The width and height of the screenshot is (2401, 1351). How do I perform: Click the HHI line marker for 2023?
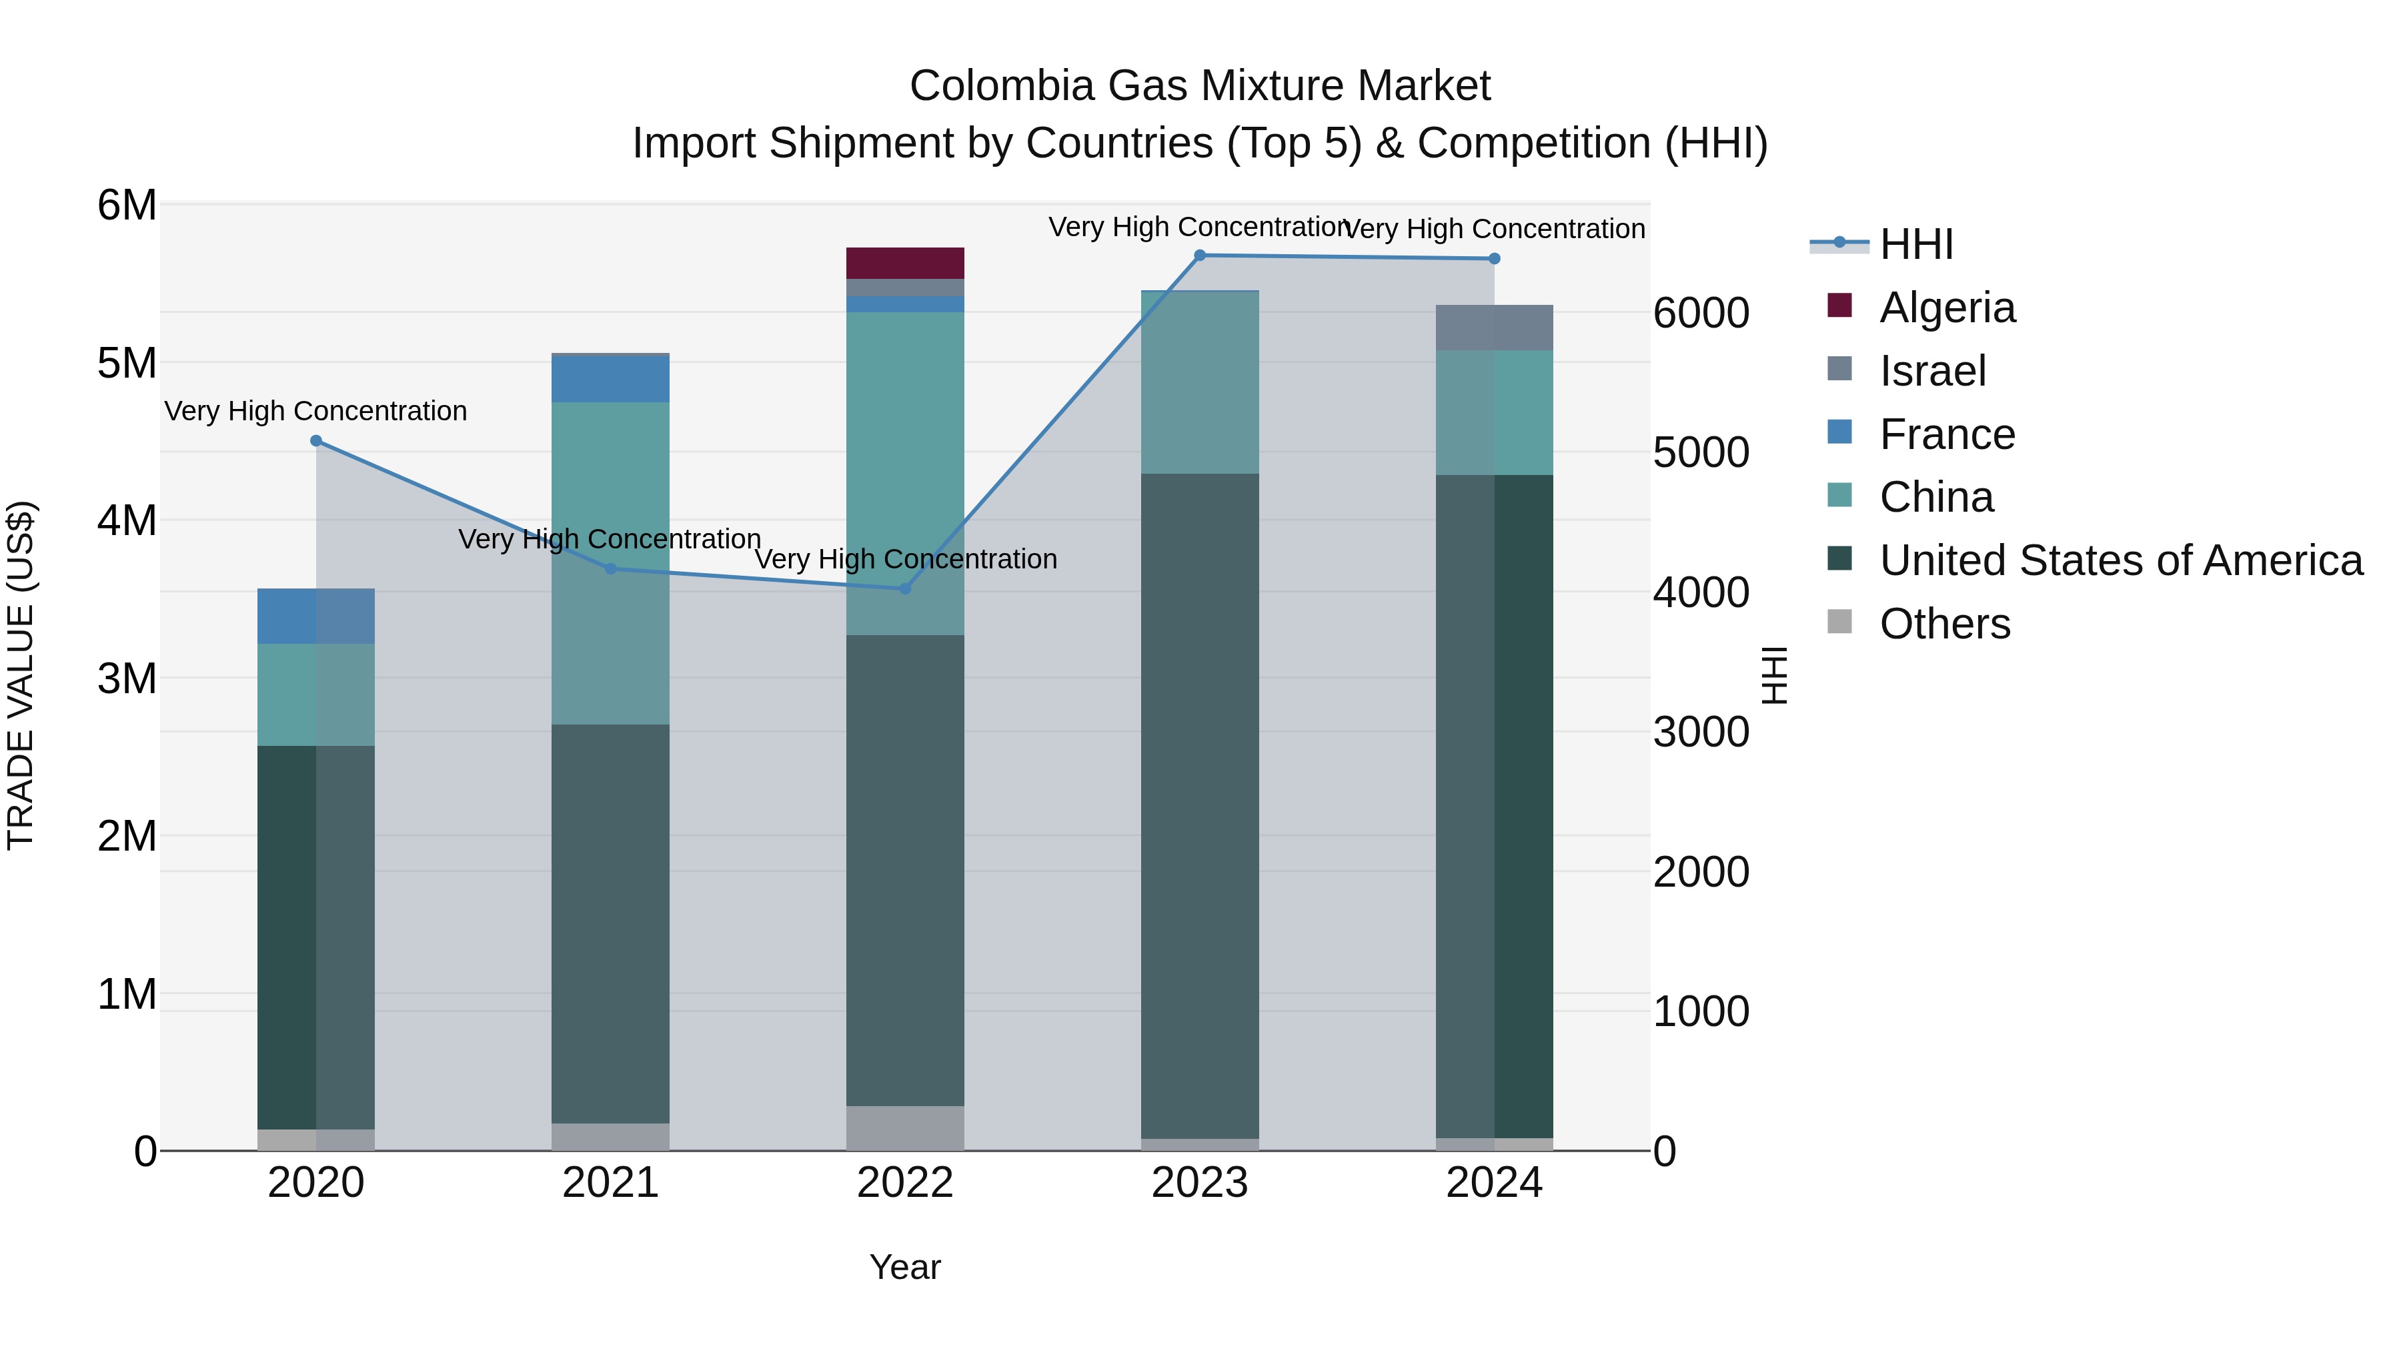pos(1200,256)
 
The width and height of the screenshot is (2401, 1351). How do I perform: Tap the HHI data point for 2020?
pos(316,441)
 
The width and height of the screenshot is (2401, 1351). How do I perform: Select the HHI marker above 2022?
pos(904,589)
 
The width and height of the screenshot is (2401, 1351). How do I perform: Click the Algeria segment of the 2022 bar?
pos(904,263)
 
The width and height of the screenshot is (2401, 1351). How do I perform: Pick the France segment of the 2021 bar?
pos(610,378)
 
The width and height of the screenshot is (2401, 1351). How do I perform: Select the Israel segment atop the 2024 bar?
pos(1494,328)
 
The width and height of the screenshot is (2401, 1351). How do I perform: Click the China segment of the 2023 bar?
pos(1200,382)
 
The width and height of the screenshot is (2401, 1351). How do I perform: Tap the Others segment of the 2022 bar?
pos(904,1128)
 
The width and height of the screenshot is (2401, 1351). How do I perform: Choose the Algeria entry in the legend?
pos(1946,308)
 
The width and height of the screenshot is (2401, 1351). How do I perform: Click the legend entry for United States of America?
pos(2120,560)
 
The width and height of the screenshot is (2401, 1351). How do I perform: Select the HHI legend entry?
pos(1915,244)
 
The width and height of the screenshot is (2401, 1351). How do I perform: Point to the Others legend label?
pos(1944,624)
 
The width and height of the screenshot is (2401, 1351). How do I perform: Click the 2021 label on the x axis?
pos(610,1183)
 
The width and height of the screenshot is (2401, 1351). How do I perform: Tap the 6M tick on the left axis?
pos(127,205)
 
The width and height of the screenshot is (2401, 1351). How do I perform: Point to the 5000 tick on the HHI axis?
pos(1701,452)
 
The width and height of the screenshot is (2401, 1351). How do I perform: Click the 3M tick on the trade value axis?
pos(127,679)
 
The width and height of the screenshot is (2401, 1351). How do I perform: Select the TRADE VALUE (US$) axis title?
pos(21,675)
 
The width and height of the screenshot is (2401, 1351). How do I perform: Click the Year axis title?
pos(904,1267)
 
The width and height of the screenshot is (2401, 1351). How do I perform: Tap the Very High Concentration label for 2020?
pos(316,411)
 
